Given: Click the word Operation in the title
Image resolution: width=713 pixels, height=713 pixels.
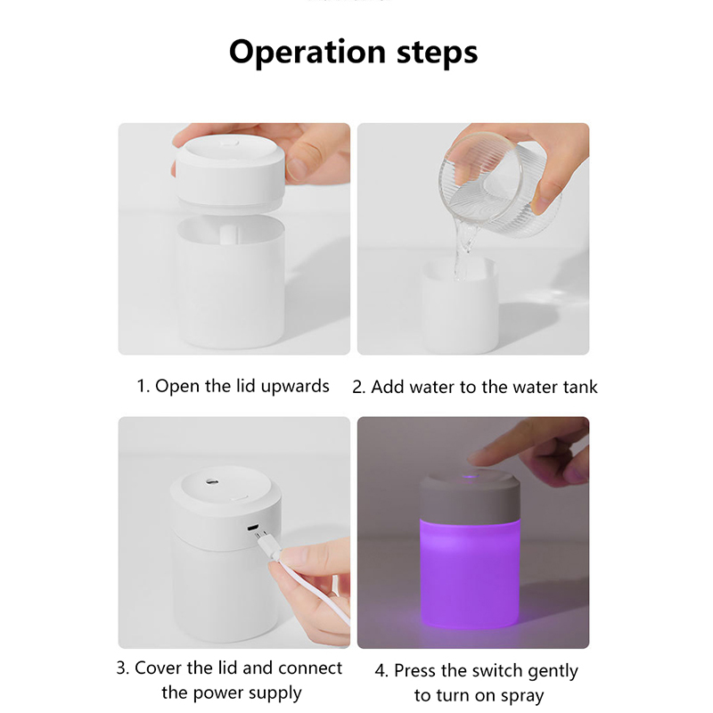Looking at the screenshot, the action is coord(307,53).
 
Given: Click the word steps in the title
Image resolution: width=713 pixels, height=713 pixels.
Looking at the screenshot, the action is coord(438,53).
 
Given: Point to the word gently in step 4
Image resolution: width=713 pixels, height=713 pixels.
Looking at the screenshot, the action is coord(553,672).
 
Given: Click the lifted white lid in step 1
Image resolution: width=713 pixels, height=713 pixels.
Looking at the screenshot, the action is coord(230,173).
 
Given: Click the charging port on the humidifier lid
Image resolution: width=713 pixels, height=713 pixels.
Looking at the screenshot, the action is coord(253,528).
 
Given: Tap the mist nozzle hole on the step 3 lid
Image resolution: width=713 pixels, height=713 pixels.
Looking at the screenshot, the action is coord(212,480).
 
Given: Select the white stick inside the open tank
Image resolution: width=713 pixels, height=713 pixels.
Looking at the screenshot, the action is coord(229,234).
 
